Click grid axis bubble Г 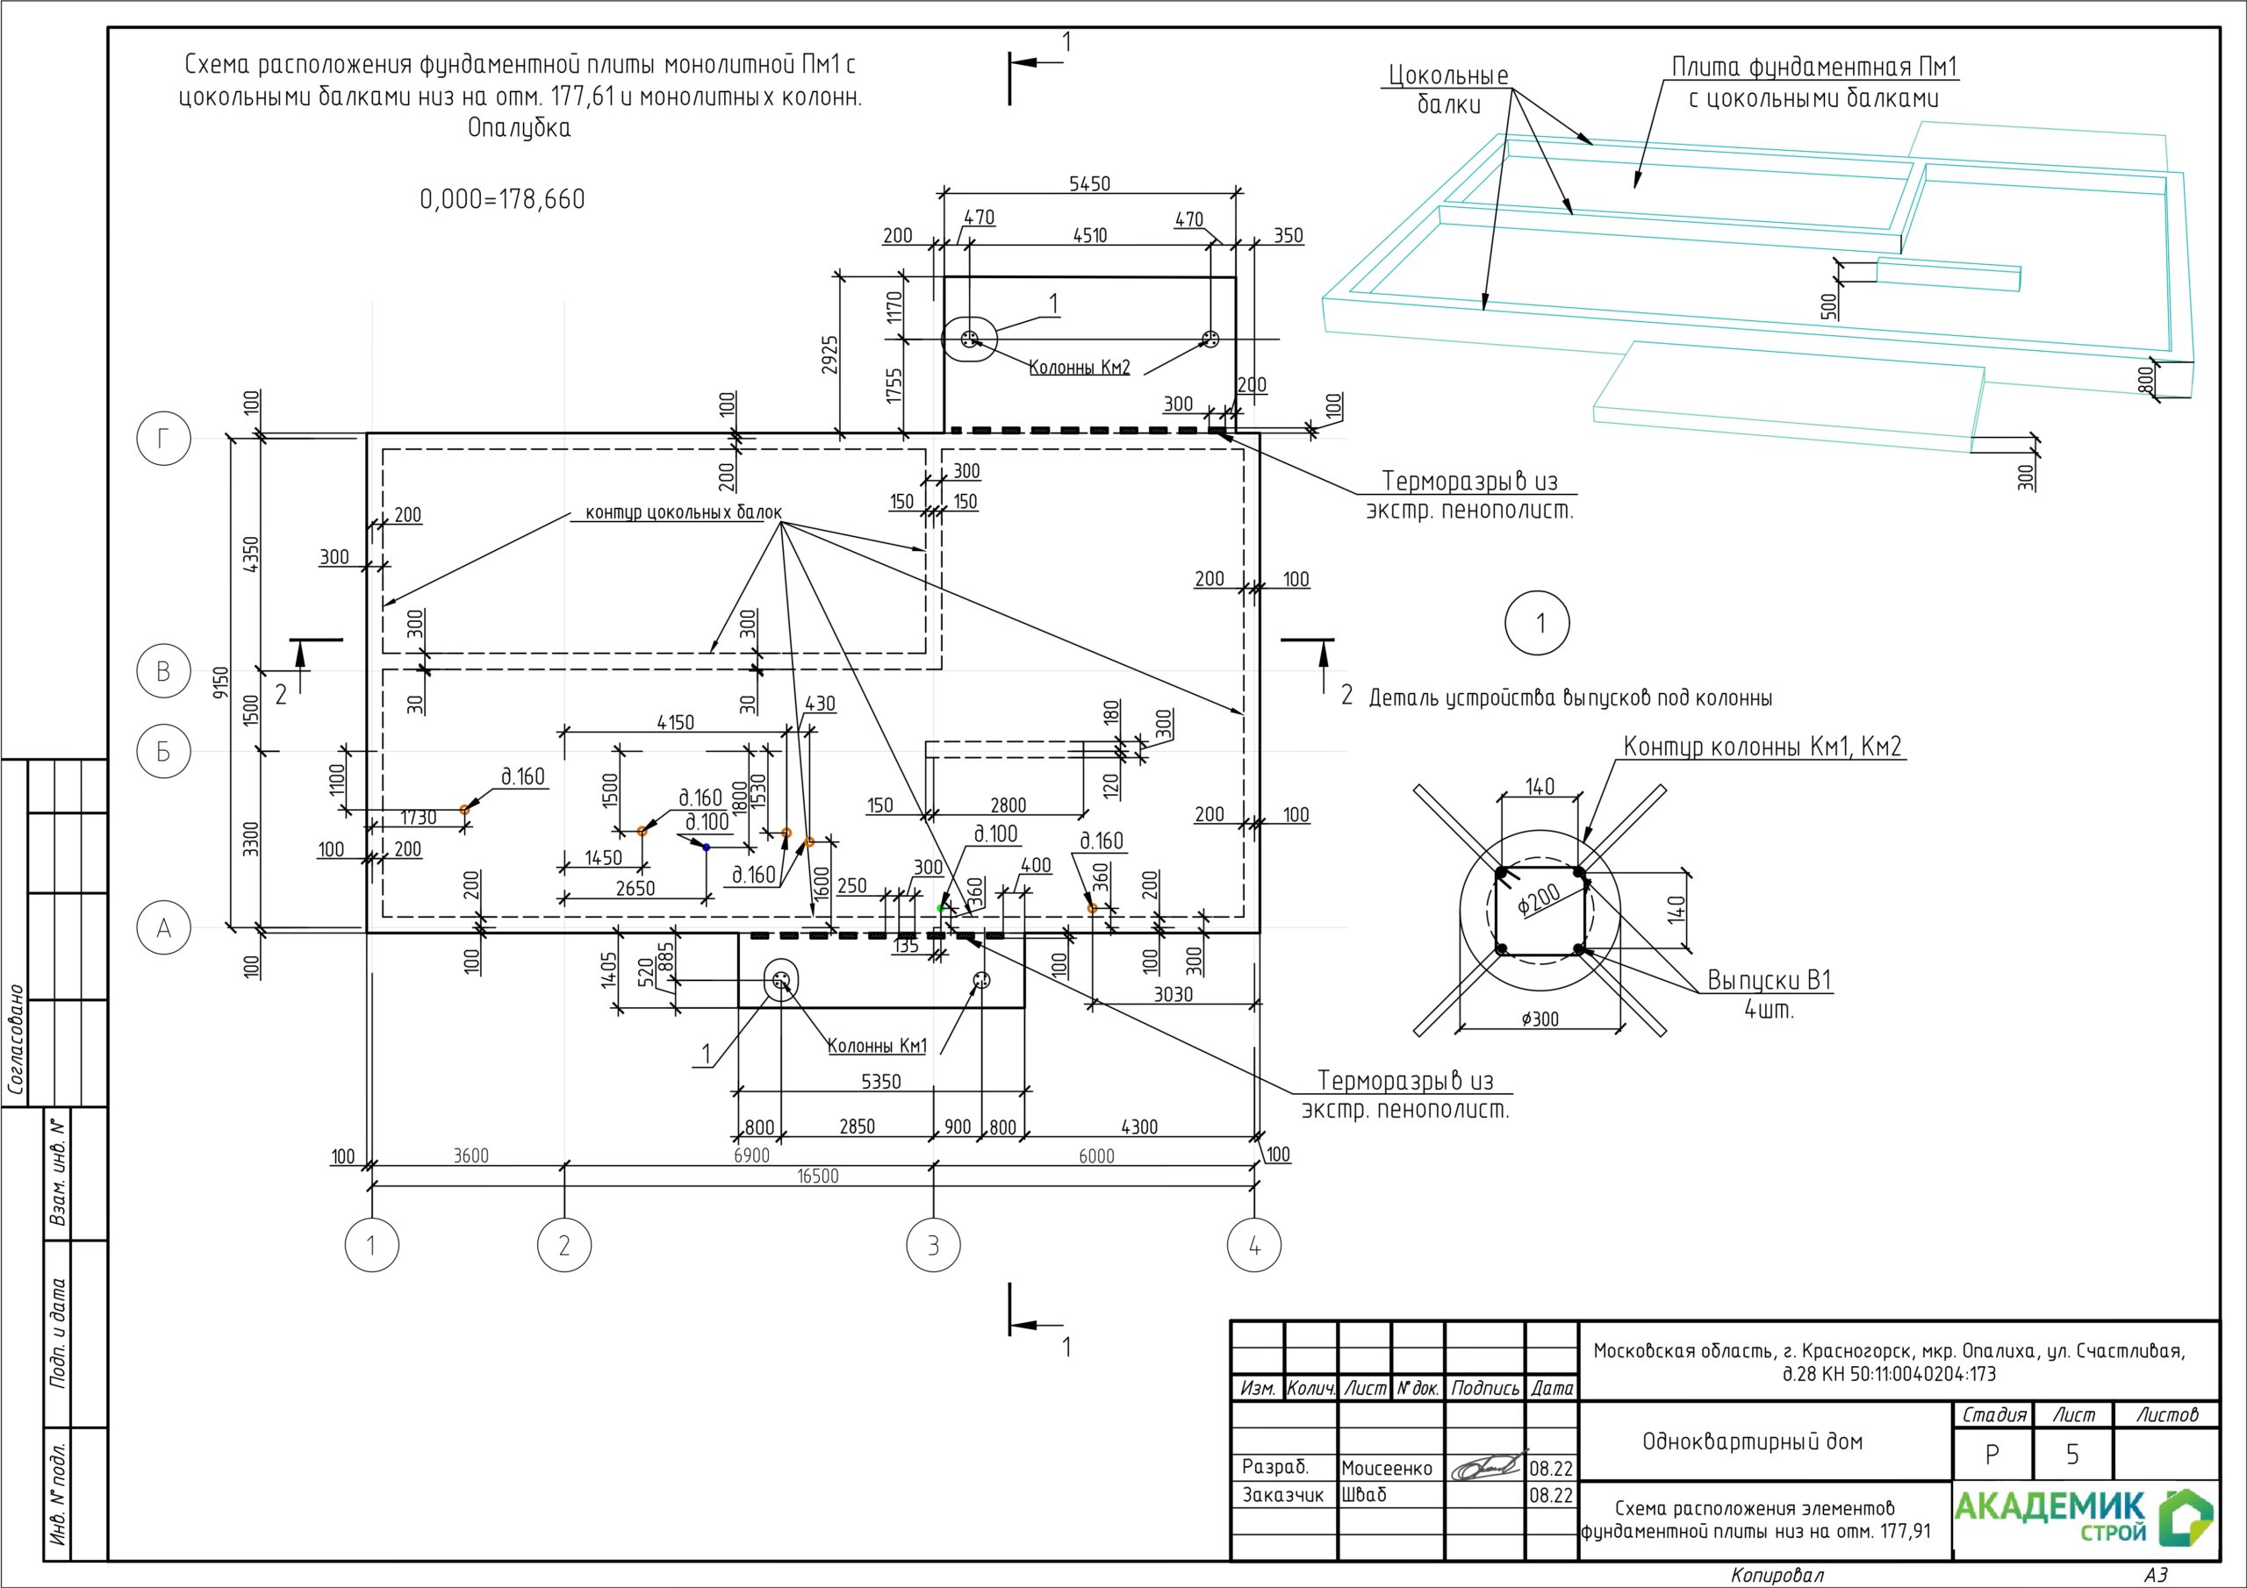point(163,440)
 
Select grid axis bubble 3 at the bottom point(933,1246)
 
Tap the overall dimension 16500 point(818,1176)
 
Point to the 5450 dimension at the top point(1089,184)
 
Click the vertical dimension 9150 point(221,683)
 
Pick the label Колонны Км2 point(1080,368)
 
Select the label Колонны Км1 point(877,1046)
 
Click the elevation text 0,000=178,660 point(502,200)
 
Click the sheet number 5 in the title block point(2071,1455)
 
